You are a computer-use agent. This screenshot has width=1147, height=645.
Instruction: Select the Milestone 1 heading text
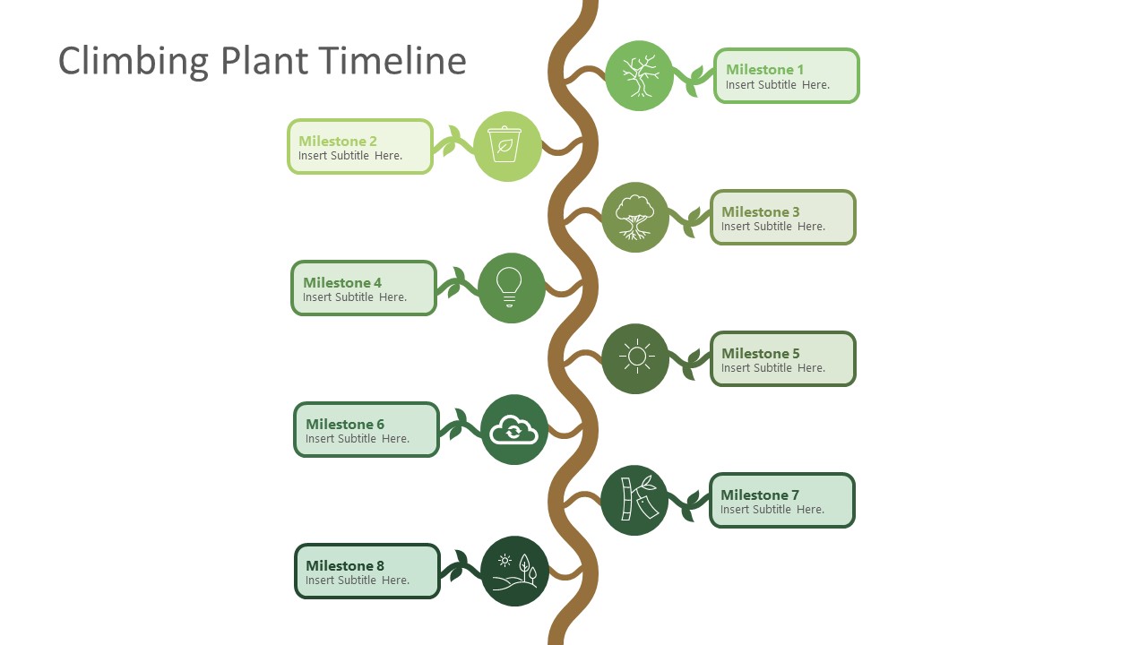(x=764, y=69)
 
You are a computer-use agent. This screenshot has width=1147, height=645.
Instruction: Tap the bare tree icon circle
(x=639, y=76)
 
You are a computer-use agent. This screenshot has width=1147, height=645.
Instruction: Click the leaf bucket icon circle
(x=507, y=146)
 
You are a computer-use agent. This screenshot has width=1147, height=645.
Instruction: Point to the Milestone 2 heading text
(x=337, y=141)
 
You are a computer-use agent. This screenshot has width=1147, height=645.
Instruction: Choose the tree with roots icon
(x=635, y=218)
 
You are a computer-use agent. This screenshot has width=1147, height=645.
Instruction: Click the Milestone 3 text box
(x=783, y=218)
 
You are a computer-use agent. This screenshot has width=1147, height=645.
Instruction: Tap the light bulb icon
(x=511, y=288)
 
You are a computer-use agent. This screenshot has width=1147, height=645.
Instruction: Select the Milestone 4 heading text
(x=341, y=282)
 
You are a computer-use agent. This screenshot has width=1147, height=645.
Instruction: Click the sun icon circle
(x=635, y=358)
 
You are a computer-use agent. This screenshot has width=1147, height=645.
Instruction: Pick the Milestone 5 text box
(x=783, y=359)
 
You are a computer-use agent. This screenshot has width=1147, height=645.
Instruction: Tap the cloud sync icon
(x=513, y=430)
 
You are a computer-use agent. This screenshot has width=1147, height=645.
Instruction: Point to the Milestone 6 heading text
(x=344, y=424)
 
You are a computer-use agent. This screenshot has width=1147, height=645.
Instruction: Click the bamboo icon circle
(x=634, y=500)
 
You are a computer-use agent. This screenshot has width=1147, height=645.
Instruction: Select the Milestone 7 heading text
(x=759, y=494)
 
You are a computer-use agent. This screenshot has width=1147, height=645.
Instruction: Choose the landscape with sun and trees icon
(x=514, y=572)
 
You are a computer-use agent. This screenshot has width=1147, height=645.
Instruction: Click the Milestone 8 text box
(x=367, y=572)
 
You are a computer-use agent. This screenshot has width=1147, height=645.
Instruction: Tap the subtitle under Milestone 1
(x=777, y=85)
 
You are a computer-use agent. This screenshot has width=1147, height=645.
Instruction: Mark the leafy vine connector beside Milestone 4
(x=456, y=285)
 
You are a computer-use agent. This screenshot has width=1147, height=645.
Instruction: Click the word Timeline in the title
(x=392, y=61)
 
